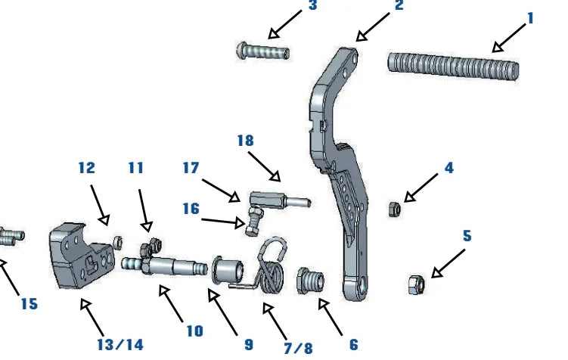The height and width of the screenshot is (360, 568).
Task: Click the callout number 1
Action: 530,17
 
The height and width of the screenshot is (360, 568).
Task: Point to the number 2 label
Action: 399,6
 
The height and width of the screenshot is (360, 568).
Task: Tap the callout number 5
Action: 467,236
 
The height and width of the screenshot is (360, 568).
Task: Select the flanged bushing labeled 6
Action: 311,280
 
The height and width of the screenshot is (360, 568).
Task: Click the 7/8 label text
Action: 297,347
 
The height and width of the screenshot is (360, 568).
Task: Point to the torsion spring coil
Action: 272,268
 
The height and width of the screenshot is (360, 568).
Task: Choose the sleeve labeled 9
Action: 226,268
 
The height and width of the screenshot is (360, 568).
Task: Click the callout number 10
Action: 194,331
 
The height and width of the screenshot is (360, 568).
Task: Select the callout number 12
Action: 87,168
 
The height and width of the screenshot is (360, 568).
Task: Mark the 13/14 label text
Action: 119,345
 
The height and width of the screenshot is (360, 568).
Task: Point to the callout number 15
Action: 29,304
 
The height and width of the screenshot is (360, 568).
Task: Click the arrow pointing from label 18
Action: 265,166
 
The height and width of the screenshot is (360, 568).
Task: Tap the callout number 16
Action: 192,208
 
